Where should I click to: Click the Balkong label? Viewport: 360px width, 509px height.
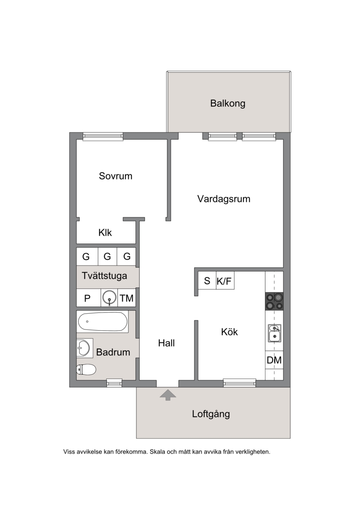[x=228, y=103]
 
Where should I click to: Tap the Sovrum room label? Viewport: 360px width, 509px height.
[x=116, y=176]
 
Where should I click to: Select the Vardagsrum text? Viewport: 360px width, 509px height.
[x=224, y=198]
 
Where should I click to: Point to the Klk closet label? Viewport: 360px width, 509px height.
[x=105, y=232]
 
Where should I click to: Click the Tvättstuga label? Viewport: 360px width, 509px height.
[x=104, y=276]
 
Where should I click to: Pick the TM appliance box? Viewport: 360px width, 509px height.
[x=126, y=298]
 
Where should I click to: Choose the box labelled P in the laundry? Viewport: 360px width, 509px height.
[x=88, y=298]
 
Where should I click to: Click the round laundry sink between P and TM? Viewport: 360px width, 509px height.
[x=109, y=297]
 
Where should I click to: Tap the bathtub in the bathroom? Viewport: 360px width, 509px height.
[x=103, y=321]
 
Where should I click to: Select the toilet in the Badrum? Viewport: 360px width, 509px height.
[x=86, y=369]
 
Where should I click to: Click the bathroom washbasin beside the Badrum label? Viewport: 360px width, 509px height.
[x=84, y=348]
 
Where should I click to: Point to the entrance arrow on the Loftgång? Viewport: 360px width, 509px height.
[x=168, y=395]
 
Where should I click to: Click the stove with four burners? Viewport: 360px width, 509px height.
[x=274, y=301]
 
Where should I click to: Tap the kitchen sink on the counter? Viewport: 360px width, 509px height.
[x=274, y=333]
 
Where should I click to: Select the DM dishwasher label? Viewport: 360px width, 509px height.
[x=274, y=360]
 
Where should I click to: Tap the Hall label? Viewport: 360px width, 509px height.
[x=166, y=343]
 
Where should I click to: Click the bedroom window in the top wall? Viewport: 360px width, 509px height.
[x=103, y=136]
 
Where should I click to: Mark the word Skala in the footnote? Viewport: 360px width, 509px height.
[x=157, y=451]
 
